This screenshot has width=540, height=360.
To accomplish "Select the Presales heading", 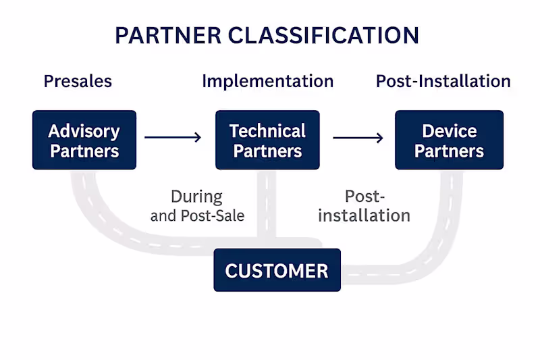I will pyautogui.click(x=78, y=82).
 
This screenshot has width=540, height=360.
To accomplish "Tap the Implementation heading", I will pyautogui.click(x=267, y=82).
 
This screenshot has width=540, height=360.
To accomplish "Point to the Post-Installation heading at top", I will pyautogui.click(x=443, y=82).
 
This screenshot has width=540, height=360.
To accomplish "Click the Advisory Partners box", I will pyautogui.click(x=84, y=140).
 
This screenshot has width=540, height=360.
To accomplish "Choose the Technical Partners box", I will pyautogui.click(x=267, y=140).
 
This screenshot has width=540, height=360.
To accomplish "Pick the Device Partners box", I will pyautogui.click(x=449, y=140).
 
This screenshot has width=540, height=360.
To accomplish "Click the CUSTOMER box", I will pyautogui.click(x=277, y=270).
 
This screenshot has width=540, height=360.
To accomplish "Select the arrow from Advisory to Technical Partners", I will pyautogui.click(x=173, y=138).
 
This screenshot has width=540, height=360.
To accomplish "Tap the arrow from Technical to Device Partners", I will pyautogui.click(x=358, y=138).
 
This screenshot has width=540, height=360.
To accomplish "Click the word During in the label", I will pyautogui.click(x=196, y=197).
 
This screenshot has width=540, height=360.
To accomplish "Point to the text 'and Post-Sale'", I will pyautogui.click(x=197, y=216).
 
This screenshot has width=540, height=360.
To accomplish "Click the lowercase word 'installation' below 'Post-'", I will pyautogui.click(x=364, y=216).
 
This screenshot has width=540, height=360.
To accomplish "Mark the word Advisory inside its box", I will pyautogui.click(x=84, y=131).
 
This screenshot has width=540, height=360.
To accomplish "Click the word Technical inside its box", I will pyautogui.click(x=267, y=131).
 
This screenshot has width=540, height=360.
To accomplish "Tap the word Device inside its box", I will pyautogui.click(x=449, y=131).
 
